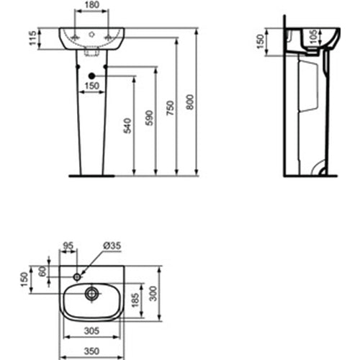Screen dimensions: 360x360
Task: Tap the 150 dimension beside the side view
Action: coord(261,42)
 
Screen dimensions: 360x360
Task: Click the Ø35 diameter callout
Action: coord(113,246)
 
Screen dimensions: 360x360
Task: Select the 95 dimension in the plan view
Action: coord(69,246)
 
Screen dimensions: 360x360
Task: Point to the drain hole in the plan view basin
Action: coord(91,293)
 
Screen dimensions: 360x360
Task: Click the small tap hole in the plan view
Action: coord(78,275)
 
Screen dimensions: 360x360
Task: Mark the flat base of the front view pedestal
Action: coord(91,175)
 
